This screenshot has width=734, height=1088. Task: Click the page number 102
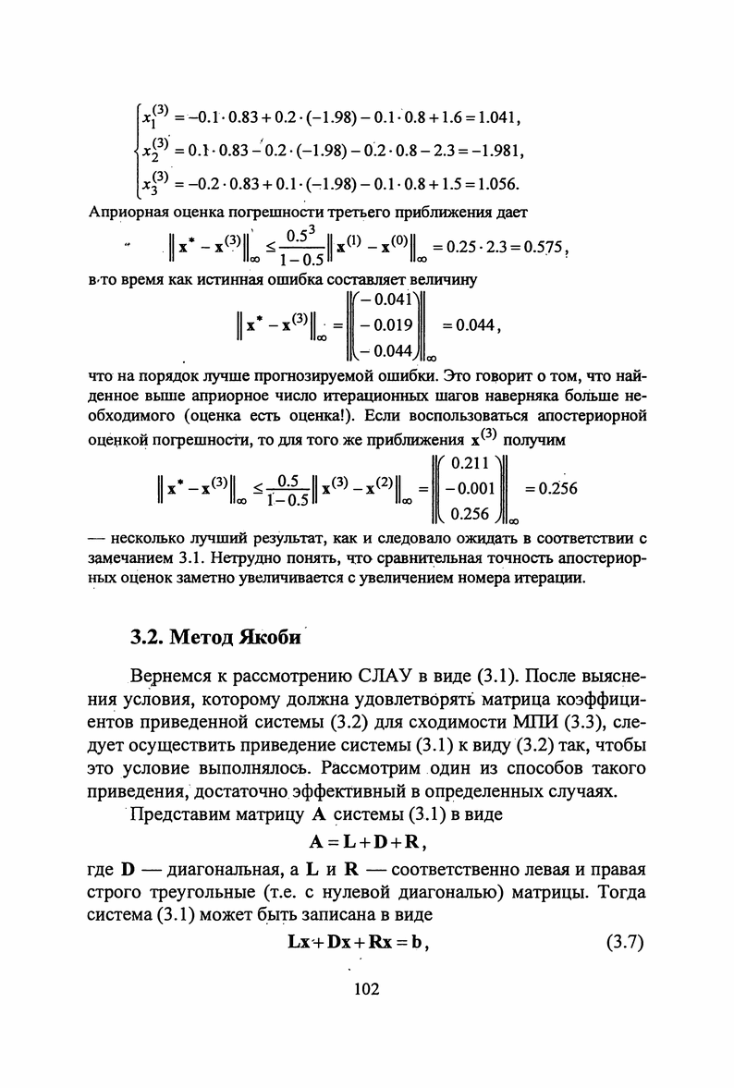tap(367, 990)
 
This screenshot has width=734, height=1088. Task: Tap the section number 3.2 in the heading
tap(148, 639)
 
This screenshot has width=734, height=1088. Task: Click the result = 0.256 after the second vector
tap(551, 489)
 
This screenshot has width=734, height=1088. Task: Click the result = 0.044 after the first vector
tap(471, 325)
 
